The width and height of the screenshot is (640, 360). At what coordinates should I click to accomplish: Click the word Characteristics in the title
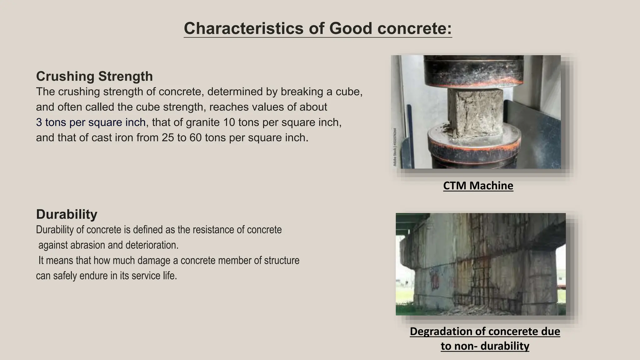(243, 28)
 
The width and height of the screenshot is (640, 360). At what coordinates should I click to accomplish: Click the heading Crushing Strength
(94, 77)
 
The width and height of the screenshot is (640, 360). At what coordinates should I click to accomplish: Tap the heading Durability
(67, 214)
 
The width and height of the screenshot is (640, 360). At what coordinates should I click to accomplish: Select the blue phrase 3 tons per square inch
(91, 122)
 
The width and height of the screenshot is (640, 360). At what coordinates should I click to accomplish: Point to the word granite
(203, 122)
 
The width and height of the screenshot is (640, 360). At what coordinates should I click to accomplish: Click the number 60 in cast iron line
(195, 137)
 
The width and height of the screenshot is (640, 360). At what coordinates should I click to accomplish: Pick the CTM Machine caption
(478, 186)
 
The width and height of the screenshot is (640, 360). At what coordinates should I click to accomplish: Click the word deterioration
(152, 245)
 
